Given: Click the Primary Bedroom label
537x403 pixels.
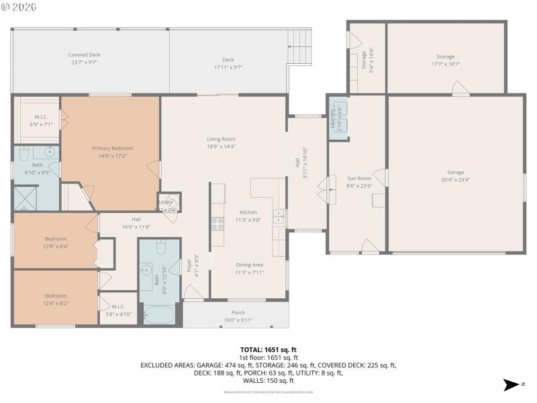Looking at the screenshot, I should (112, 148).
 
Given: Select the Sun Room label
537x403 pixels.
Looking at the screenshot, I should (358, 178).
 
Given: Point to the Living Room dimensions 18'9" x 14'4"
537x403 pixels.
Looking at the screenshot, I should (221, 146).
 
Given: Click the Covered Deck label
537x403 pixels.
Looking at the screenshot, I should (84, 55).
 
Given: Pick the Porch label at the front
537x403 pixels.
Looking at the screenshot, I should (238, 312).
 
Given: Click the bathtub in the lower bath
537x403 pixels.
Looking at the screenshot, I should (158, 314).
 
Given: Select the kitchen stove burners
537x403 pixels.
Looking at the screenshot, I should (218, 223).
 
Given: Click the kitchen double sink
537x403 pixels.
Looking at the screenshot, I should (279, 216).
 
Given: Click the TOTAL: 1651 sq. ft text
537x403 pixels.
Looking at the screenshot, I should (268, 350).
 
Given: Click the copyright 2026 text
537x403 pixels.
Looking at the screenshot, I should (20, 7).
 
